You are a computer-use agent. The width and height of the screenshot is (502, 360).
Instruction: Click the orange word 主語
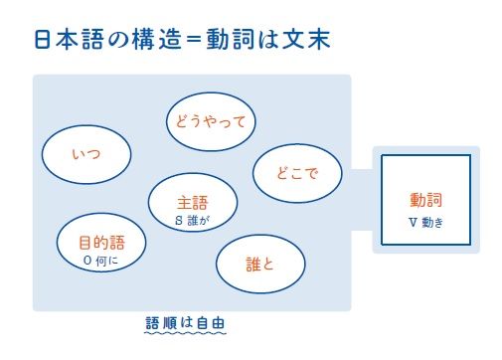pos(192,203)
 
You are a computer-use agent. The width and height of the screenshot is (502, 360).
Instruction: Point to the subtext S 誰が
pos(192,221)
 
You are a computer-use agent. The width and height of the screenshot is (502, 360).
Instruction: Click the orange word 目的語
pos(101,243)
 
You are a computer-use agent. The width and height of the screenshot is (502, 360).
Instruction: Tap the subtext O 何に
pos(100,261)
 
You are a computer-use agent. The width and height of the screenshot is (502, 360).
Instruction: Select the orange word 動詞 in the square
pos(425,200)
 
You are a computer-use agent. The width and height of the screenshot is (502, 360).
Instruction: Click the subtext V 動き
pos(425,222)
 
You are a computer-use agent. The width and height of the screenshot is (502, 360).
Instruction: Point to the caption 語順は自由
pos(185,322)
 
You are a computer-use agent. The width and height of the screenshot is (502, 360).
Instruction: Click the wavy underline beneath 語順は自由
pos(185,332)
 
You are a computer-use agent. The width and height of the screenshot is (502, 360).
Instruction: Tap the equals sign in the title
pos(194,40)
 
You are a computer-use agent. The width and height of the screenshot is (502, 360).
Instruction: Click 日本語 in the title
pos(69,40)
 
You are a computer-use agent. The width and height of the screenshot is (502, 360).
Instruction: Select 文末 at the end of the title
pos(306,40)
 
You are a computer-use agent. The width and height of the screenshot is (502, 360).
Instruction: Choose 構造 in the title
pos(157,40)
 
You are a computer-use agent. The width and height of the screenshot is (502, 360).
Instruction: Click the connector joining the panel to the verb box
pos(362,200)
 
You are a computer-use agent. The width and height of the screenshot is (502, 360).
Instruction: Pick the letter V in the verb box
pos(413,222)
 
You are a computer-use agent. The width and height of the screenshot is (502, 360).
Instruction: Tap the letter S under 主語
pos(179,221)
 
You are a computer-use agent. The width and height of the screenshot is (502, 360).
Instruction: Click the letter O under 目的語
pos(87,261)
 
